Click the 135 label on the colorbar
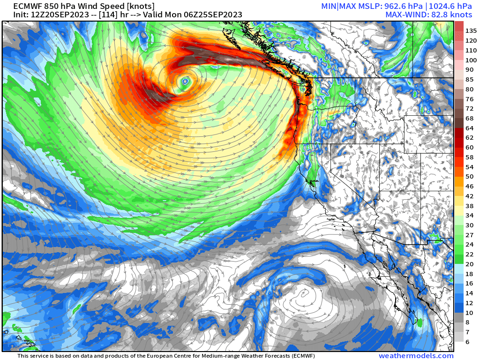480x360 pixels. click(471, 31)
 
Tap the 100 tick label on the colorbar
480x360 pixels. click(471, 60)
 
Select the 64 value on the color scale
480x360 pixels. click(469, 128)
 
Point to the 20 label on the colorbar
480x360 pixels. click(469, 264)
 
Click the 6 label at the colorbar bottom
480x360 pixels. click(467, 342)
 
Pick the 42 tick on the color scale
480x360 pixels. click(469, 196)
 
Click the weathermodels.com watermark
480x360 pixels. click(416, 356)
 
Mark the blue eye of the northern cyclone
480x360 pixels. click(186, 82)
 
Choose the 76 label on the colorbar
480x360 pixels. click(469, 99)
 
